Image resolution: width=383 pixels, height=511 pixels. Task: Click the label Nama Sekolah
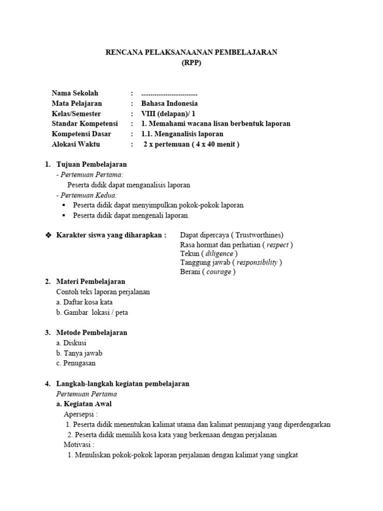coord(75,93)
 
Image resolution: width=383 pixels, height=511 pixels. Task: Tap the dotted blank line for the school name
coord(170,94)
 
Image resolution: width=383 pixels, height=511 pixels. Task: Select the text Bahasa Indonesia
coord(170,104)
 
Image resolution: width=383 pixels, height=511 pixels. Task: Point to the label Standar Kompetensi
coord(85,124)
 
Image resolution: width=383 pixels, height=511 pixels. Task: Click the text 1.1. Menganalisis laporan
coord(182,134)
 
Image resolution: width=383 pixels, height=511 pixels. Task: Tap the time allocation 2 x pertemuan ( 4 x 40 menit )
coord(191,145)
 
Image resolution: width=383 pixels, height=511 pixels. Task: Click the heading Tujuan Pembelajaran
coord(92,164)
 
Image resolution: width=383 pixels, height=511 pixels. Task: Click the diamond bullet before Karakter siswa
coord(48,235)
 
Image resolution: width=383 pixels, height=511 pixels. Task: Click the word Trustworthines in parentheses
coord(259,235)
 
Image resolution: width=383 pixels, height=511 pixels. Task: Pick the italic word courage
coord(218,272)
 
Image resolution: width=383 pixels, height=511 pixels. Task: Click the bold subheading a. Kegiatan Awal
coord(84,404)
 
